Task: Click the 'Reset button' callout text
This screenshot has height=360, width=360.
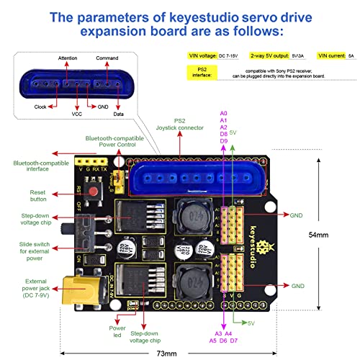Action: [x=37, y=196]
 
